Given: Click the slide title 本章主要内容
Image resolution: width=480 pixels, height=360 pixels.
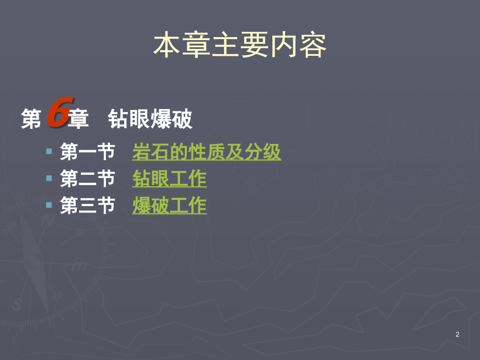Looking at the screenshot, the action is [239, 45].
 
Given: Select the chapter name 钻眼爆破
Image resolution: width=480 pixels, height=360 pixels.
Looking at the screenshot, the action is [150, 119].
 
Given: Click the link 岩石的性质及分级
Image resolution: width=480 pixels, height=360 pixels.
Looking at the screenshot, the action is [207, 151].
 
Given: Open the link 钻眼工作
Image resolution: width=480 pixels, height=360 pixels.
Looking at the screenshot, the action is [169, 178].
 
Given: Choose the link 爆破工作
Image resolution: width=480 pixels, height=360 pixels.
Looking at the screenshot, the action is [169, 205].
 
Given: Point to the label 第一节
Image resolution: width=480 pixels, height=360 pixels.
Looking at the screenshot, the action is [88, 151].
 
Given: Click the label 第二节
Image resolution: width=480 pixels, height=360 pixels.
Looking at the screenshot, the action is [88, 178].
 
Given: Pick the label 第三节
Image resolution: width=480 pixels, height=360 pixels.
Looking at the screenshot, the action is [88, 205].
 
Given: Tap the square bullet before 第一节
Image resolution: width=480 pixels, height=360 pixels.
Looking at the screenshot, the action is [49, 151].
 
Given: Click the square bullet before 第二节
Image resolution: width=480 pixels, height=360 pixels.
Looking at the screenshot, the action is [49, 178].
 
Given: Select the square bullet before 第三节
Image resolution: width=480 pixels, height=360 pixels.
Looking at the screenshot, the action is [49, 205].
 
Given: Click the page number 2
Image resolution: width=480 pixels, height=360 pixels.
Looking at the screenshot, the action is [458, 334].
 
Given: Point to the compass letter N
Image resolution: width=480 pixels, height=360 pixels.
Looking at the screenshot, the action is [48, 220].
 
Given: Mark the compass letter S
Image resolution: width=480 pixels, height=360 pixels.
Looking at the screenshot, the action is [17, 304].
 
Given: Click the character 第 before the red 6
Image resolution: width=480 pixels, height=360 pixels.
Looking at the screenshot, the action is [31, 119].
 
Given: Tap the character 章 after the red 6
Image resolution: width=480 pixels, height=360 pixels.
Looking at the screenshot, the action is [78, 119].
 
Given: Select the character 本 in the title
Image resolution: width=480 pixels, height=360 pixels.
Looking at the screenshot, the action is [166, 45].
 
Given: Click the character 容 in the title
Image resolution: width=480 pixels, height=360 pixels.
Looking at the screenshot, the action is [313, 45].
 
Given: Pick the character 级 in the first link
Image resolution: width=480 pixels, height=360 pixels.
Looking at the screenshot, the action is [272, 151].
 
